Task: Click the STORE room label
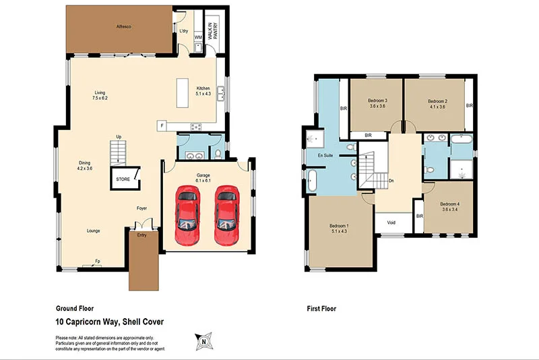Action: [x=123, y=179]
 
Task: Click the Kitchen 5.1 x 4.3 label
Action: [x=203, y=91]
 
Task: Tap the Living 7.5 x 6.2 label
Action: [x=100, y=96]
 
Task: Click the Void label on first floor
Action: [x=391, y=222]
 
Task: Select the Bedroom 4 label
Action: [x=449, y=206]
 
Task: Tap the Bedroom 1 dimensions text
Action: [x=338, y=232]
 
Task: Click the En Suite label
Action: [x=326, y=154]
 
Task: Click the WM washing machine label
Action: [x=198, y=36]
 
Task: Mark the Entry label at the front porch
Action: [x=141, y=235]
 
